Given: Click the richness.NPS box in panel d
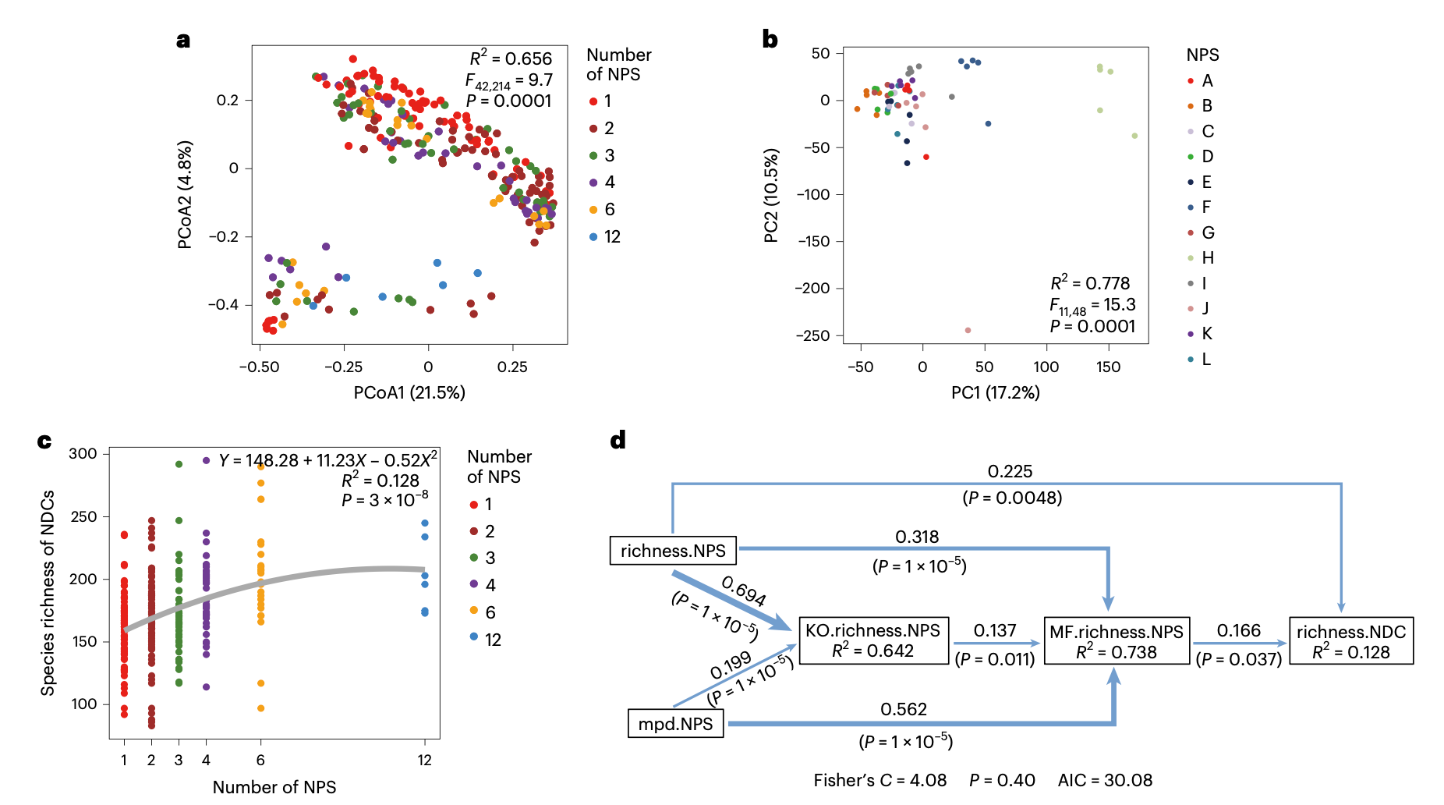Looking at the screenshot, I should click(673, 551).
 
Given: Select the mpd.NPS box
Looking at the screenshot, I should click(675, 724).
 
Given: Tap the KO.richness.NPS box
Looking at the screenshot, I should click(872, 640).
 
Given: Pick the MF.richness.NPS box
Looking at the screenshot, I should click(1116, 641).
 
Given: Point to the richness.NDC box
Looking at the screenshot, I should click(1350, 641).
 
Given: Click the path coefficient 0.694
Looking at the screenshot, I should click(743, 590).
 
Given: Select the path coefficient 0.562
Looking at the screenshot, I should click(904, 709).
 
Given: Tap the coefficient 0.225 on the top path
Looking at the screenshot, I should click(1010, 471).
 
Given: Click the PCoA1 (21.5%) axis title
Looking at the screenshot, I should click(409, 392).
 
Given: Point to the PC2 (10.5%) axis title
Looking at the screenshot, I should click(771, 195).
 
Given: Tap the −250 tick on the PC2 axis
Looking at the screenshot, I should click(812, 335).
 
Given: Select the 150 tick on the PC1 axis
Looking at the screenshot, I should click(1107, 367).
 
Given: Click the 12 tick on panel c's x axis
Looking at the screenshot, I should click(424, 760).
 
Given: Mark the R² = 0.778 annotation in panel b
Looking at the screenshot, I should click(1090, 283).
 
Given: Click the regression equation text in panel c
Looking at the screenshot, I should click(327, 460).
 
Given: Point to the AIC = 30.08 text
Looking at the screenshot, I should click(1105, 780).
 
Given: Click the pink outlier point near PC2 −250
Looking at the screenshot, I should click(968, 331).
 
